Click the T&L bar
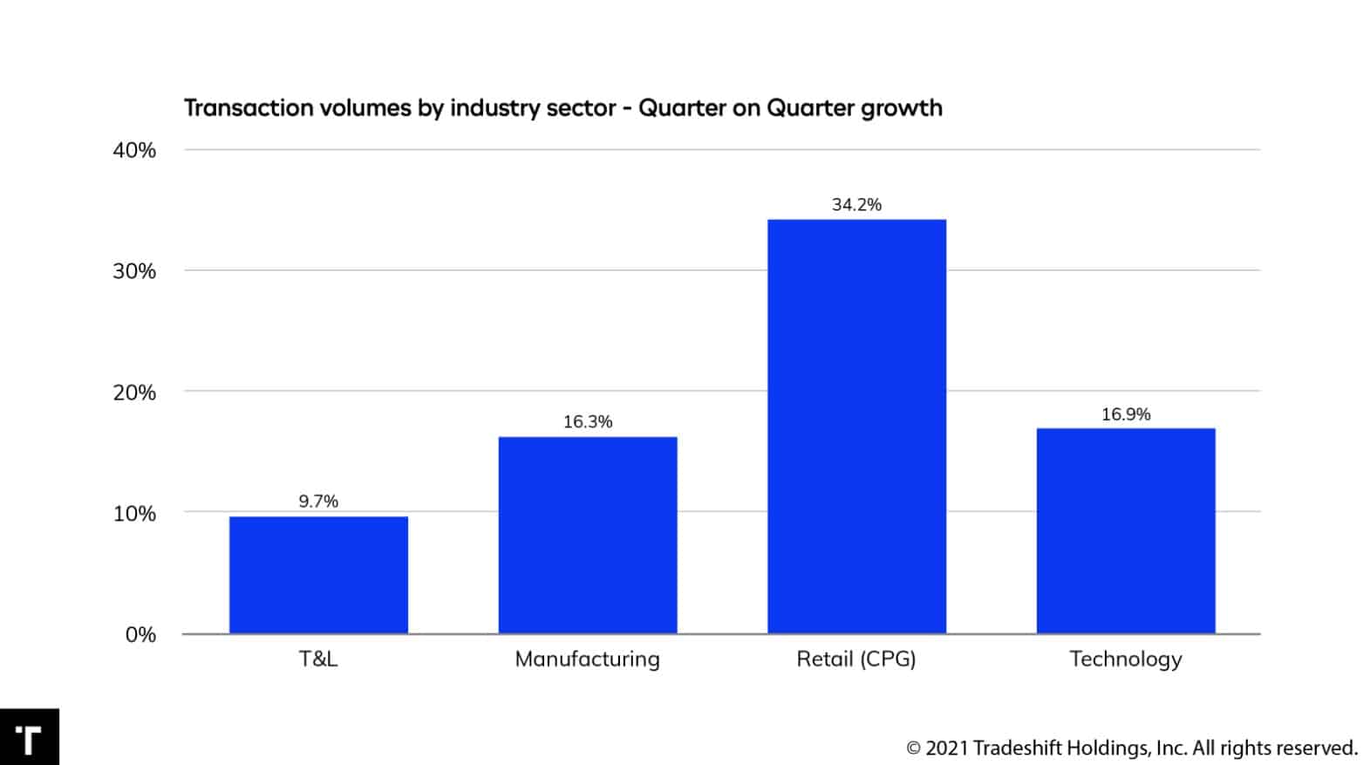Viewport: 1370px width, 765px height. (318, 575)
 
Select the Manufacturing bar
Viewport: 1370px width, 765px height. (588, 535)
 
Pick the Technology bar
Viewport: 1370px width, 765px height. (1126, 530)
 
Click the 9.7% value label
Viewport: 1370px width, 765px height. (318, 502)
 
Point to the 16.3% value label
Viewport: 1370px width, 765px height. (588, 422)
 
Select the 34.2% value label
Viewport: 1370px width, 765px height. (856, 205)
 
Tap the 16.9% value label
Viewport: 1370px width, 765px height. (1126, 414)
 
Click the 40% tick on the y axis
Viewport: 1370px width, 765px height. (134, 150)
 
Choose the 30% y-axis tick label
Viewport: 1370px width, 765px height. (134, 271)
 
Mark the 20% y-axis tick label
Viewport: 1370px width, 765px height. (134, 393)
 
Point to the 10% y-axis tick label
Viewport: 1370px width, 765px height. (134, 514)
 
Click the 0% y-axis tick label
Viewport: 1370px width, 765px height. (140, 635)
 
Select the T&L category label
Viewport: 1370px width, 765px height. (318, 659)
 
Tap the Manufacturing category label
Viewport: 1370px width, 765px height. (588, 659)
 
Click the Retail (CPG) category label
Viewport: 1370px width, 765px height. (856, 659)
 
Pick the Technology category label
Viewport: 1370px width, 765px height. (1126, 659)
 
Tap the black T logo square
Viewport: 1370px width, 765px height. (29, 737)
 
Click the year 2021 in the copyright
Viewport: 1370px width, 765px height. (946, 748)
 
